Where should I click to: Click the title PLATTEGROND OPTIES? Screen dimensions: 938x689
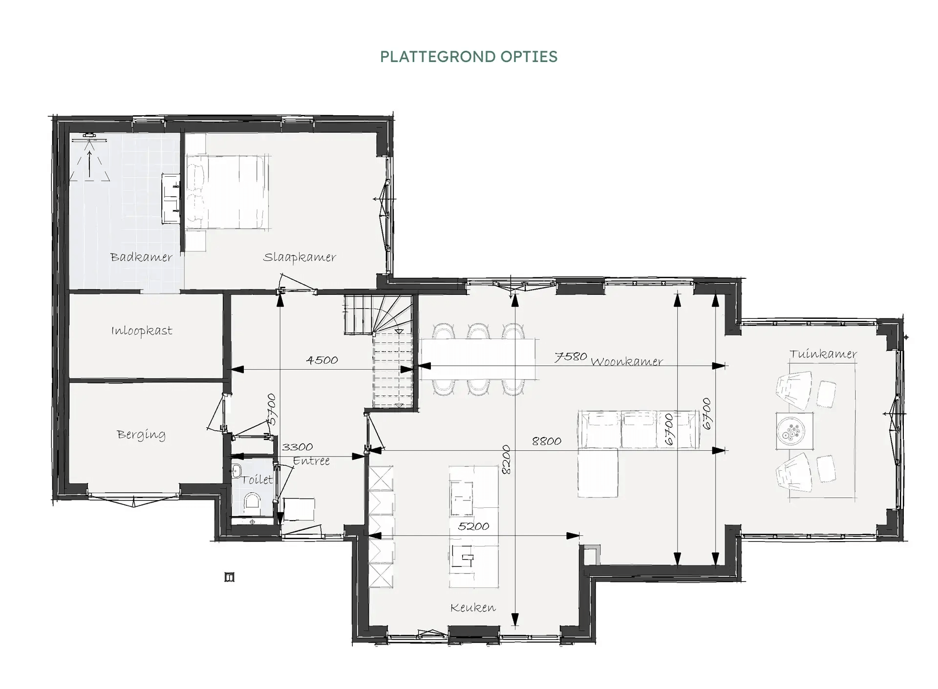click(469, 57)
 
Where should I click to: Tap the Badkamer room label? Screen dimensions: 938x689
click(141, 257)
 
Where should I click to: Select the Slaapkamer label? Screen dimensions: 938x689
click(299, 257)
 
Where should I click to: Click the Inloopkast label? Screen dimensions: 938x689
click(142, 331)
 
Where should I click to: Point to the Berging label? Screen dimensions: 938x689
click(141, 435)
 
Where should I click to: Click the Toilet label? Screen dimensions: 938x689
click(257, 480)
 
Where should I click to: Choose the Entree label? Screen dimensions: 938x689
click(311, 460)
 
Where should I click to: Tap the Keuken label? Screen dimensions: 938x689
click(473, 607)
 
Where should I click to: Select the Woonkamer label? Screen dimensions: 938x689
click(627, 362)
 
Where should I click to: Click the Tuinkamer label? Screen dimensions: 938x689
click(823, 354)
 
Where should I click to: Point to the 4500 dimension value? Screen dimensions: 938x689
click(322, 360)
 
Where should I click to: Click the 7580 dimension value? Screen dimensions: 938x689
click(571, 357)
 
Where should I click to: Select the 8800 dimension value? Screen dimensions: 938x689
click(547, 441)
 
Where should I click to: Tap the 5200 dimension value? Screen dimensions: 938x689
click(473, 526)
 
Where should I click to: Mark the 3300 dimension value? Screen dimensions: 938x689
click(298, 447)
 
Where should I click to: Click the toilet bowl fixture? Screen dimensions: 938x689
click(253, 502)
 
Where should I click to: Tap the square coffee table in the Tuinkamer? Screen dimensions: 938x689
click(794, 431)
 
